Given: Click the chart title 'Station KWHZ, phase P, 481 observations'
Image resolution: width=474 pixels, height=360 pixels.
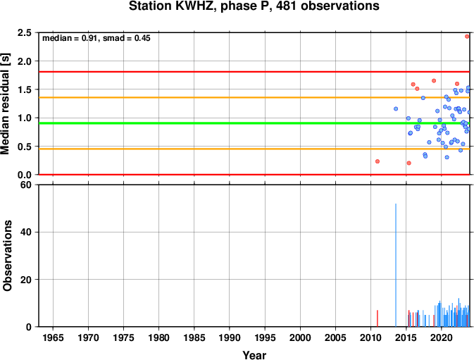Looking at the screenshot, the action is coord(254,6).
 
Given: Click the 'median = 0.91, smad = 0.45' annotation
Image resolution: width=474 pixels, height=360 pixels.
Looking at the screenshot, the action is coord(96,38).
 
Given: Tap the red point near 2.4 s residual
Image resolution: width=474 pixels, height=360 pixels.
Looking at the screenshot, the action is coord(467,37).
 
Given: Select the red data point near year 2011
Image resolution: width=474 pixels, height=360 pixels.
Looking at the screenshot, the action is coord(378,161).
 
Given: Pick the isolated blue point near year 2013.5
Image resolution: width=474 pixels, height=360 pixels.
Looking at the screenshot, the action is coord(396,108).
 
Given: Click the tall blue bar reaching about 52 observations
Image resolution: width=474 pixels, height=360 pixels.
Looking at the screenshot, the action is coord(396,265).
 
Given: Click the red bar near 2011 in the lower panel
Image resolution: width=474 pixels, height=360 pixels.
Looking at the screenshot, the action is coord(378,318).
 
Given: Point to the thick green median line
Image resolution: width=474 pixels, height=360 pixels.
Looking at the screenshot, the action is coord(254,123).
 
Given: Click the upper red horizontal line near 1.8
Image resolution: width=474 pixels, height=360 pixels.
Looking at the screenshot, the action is coord(254,72).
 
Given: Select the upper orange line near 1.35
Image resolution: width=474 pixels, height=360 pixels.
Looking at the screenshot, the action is coord(254,97).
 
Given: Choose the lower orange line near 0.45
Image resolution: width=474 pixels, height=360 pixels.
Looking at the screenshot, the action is coord(254,149).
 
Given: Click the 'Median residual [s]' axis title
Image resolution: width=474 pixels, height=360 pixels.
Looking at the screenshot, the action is coord(6,104).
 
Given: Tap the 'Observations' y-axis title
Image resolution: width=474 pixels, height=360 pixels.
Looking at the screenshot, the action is coord(7,256).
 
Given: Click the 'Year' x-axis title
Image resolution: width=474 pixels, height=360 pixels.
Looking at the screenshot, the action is coord(254,355).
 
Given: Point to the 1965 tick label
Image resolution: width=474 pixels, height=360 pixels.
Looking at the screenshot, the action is coord(53,337).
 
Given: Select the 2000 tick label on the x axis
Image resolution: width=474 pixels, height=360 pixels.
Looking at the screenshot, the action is coord(300,337).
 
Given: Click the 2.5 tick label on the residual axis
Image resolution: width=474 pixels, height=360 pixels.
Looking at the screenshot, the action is coord(25,32).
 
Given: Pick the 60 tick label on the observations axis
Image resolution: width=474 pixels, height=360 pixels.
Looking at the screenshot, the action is coord(26,185).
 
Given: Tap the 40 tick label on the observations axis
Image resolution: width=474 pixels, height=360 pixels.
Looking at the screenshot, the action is coord(26,232).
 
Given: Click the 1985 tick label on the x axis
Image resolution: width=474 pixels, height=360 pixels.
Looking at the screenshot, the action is coord(194,337).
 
